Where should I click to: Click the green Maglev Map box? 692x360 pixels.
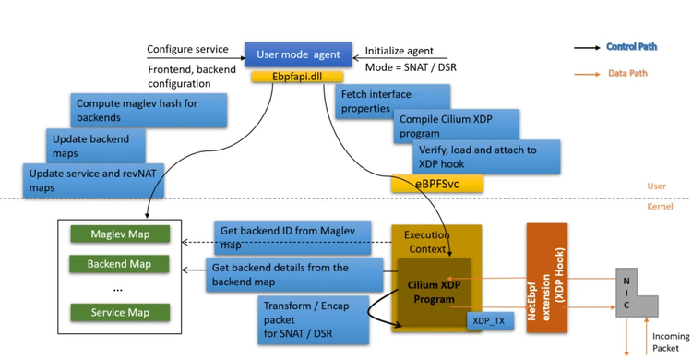tap(120, 234)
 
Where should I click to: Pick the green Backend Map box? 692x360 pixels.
tap(120, 264)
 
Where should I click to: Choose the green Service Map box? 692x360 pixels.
tap(120, 313)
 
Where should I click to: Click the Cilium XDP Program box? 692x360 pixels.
tap(434, 292)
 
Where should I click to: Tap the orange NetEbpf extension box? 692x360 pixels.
tap(546, 277)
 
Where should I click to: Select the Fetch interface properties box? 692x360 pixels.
tap(392, 102)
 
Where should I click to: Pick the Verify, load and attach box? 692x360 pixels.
tap(484, 157)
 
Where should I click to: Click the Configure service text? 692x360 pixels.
tap(187, 49)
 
